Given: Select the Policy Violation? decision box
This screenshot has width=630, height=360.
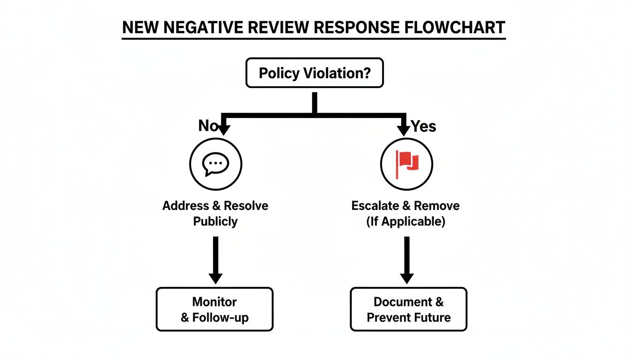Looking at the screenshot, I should tap(315, 73).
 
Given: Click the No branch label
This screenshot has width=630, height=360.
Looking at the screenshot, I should tap(208, 126).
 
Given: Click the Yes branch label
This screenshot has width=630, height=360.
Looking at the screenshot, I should tap(423, 126).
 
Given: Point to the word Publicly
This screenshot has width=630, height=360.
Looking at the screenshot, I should tap(215, 221).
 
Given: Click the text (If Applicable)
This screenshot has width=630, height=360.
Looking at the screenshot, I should tap(405, 221).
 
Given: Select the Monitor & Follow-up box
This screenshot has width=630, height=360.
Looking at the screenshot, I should tap(215, 309).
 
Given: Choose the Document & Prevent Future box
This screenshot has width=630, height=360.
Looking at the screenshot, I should tap(408, 309).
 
